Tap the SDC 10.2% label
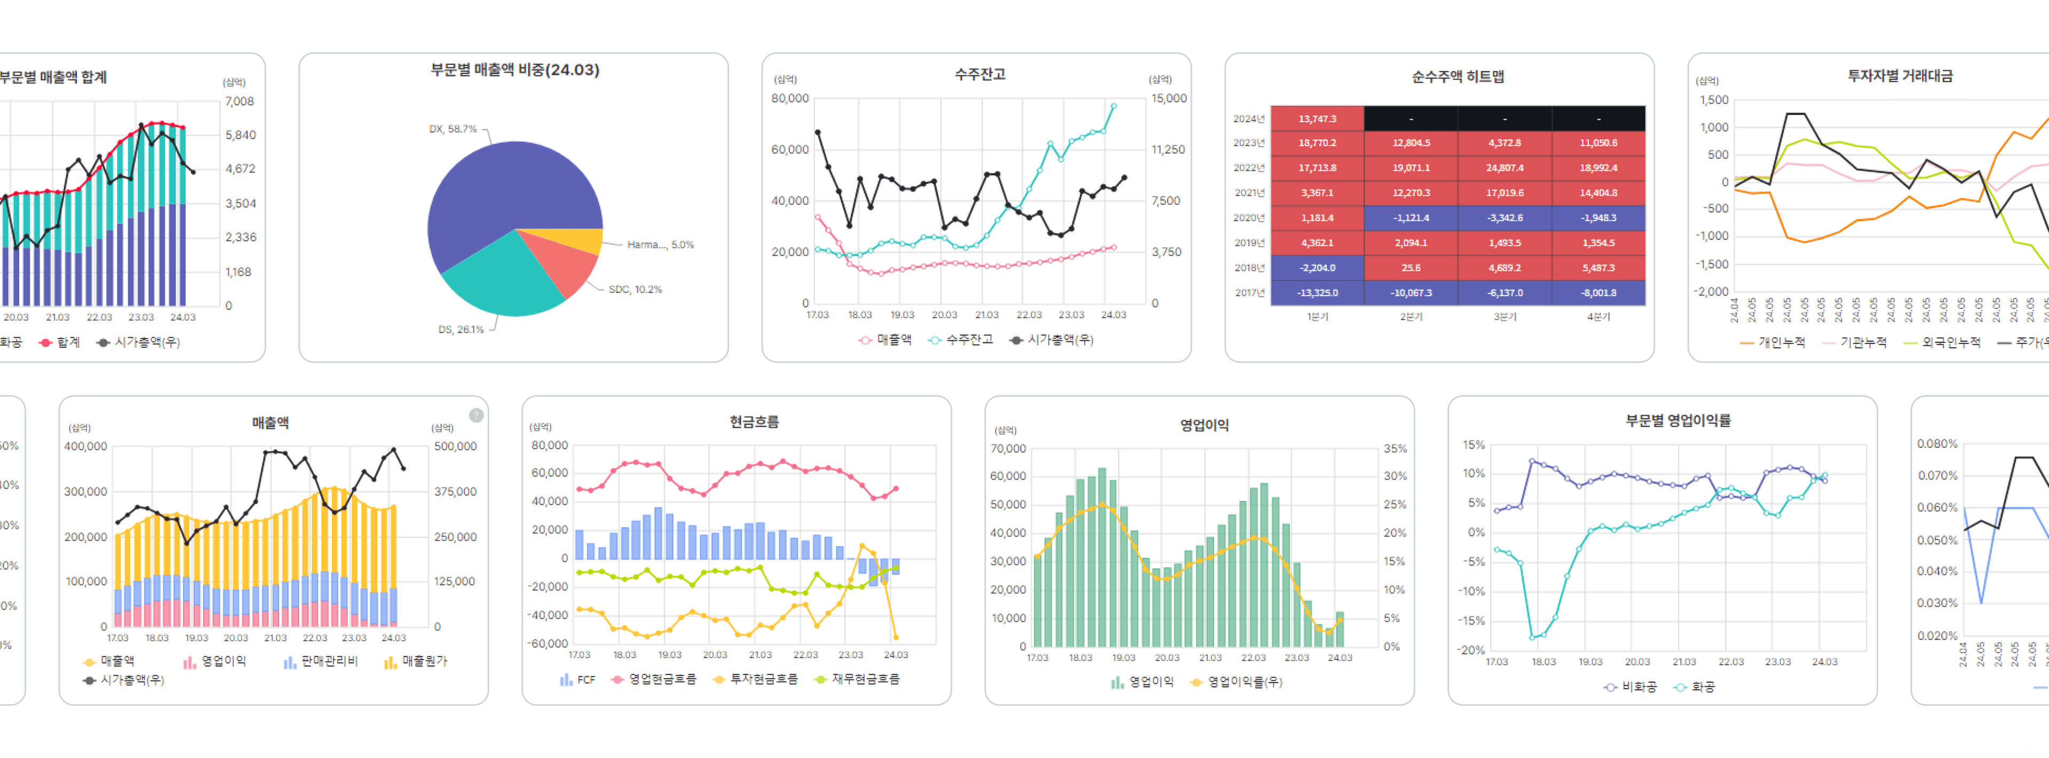pyautogui.click(x=635, y=290)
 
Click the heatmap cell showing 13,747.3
pyautogui.click(x=1317, y=118)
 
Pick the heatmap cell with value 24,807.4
pyautogui.click(x=1504, y=168)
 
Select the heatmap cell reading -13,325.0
pyautogui.click(x=1317, y=293)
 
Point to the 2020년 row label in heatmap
pyautogui.click(x=1248, y=218)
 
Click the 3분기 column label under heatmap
pyautogui.click(x=1504, y=316)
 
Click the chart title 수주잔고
pyautogui.click(x=980, y=74)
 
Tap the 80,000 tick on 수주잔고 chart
pyautogui.click(x=790, y=99)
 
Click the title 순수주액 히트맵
pyautogui.click(x=1457, y=76)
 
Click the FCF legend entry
pyautogui.click(x=578, y=679)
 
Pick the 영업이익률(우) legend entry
pyautogui.click(x=1238, y=682)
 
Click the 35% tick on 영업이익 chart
pyautogui.click(x=1394, y=449)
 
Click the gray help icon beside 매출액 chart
pyautogui.click(x=475, y=415)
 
